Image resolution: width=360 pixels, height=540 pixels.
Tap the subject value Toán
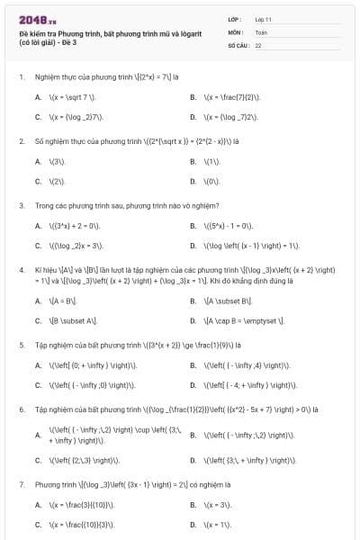[260, 31]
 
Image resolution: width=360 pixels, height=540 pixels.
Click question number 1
[21, 78]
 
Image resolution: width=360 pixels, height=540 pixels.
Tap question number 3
[21, 205]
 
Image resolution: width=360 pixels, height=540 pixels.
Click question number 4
[21, 269]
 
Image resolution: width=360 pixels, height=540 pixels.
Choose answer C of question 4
[38, 320]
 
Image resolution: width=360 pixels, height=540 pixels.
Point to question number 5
[21, 345]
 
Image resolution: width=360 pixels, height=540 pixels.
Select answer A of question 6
[38, 435]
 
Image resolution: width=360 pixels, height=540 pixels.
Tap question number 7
[21, 484]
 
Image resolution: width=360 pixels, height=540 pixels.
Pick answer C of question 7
[38, 523]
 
